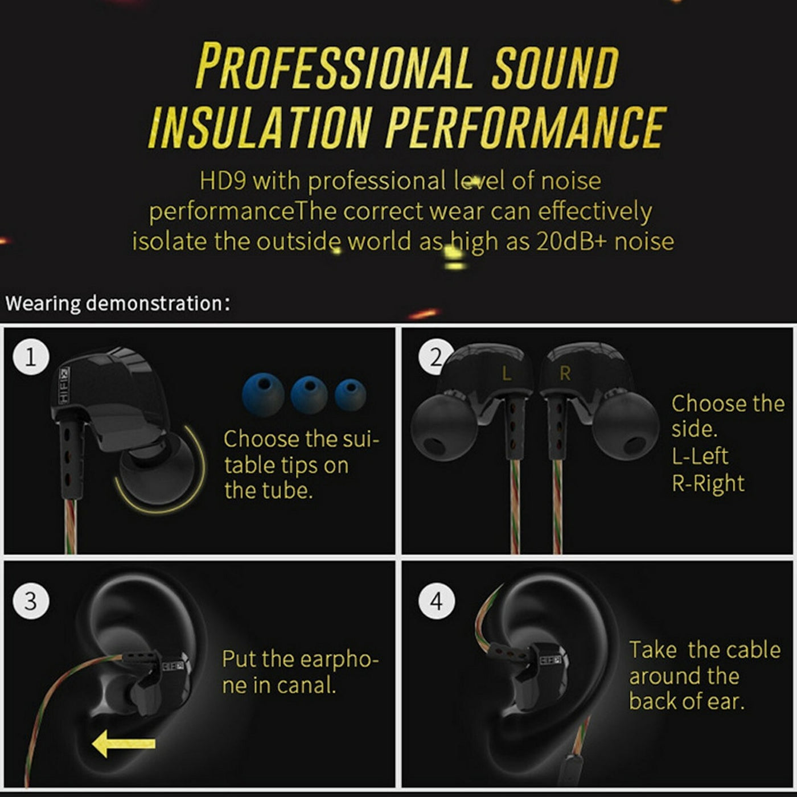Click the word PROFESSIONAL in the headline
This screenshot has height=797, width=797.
coord(335,67)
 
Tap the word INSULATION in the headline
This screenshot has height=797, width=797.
coord(260,126)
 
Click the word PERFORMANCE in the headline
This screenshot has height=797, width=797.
coord(525,126)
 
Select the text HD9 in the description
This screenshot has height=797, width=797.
coord(223,181)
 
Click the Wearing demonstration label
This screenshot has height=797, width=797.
coord(117,303)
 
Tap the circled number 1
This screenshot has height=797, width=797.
coord(31,357)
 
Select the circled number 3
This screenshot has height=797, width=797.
coord(31,601)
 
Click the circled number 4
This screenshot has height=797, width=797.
coord(437,601)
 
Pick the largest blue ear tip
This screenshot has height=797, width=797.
coord(263,393)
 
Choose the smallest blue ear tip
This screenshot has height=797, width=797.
coord(350,394)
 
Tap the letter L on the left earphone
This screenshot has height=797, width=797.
coord(506,374)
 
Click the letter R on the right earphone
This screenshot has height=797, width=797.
coord(565,373)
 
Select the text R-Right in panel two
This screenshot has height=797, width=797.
coord(708,483)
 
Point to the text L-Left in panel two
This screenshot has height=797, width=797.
coord(700,456)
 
